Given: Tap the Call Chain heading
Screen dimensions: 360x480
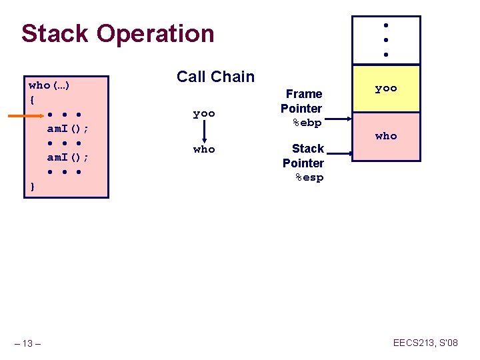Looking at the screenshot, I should tap(215, 77).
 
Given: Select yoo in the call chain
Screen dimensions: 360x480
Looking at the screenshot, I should tap(204, 113).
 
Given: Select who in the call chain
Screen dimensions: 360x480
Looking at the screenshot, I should tap(204, 149).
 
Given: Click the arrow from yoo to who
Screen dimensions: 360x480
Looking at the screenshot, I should tap(204, 131).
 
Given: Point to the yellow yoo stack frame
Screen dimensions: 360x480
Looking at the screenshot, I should tap(386, 88).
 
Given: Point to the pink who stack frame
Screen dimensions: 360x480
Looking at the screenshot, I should tap(386, 136).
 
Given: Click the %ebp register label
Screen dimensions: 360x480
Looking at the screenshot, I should tap(307, 123).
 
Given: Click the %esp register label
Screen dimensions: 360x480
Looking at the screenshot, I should tap(308, 177).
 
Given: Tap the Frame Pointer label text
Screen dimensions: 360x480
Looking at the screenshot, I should tap(302, 101).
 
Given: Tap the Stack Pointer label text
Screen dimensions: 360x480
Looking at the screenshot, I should tap(304, 155).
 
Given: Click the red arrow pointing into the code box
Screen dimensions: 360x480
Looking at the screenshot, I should tap(26, 116).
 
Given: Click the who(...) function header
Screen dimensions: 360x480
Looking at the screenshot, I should tap(51, 85).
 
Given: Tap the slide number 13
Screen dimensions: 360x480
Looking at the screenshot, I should tap(27, 343).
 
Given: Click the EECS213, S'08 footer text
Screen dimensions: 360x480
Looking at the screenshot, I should tap(425, 343).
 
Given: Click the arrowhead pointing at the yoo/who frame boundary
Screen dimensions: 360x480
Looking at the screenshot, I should tap(343, 121).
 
